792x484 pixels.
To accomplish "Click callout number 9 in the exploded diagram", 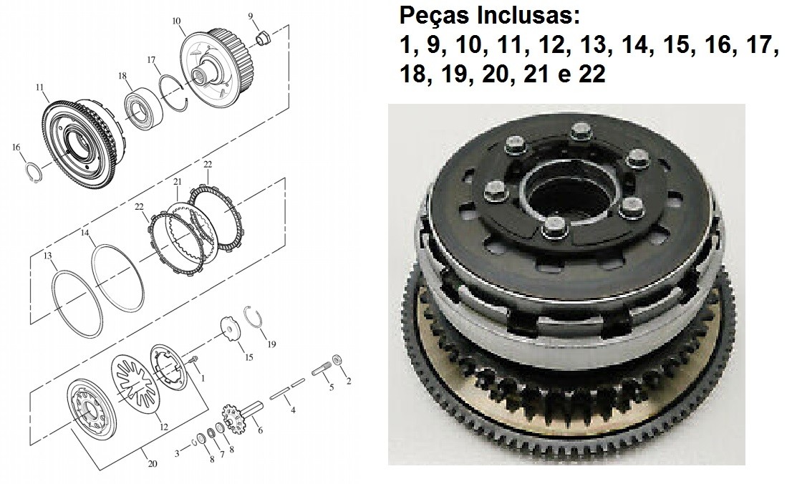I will coord(251,16).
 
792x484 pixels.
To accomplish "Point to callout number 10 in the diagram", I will coord(176,21).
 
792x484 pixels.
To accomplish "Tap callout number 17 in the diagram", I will coord(151,60).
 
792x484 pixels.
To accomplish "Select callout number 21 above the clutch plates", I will coord(178,182).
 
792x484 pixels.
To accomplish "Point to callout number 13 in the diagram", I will coord(47,256).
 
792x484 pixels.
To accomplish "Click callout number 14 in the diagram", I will coord(84,233).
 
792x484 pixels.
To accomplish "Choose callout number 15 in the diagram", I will coord(248,357).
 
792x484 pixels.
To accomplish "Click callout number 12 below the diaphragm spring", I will coord(164,427).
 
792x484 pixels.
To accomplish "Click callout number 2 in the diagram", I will coord(349,382).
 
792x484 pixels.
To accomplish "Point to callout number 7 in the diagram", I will coord(222,454).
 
